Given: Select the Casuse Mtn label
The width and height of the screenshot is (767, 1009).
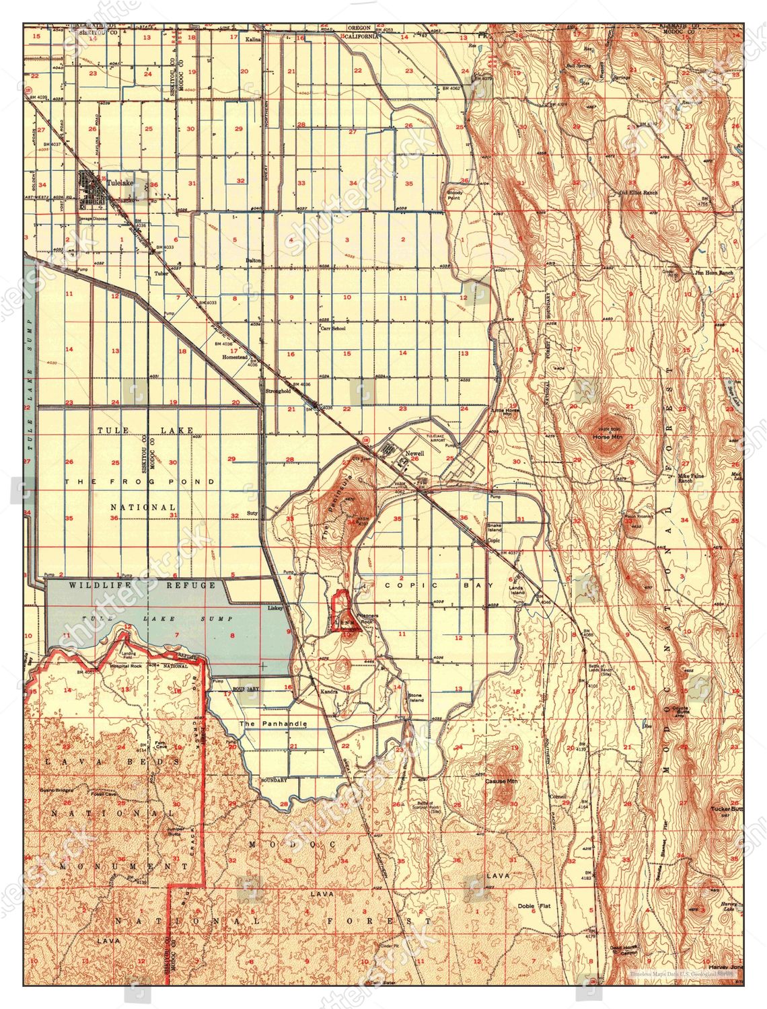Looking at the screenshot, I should [x=502, y=782].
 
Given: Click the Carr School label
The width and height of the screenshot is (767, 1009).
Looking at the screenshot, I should [x=333, y=328].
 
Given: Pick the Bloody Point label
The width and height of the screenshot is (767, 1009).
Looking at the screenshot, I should [x=455, y=196].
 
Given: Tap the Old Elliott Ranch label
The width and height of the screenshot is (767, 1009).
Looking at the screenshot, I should [x=638, y=192].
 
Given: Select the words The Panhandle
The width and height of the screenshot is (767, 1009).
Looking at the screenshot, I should [x=274, y=724].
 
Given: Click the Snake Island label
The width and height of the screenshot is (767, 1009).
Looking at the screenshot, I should [x=495, y=528].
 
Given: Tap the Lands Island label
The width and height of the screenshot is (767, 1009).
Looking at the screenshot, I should [x=517, y=590].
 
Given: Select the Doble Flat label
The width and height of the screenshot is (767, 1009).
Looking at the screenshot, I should [x=535, y=906].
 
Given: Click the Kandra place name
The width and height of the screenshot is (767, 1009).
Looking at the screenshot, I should [x=329, y=692].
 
